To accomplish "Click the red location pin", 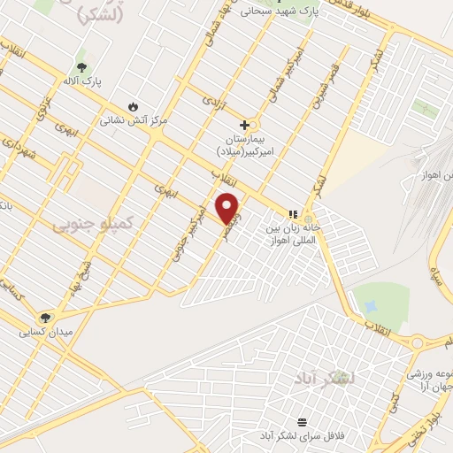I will tap(228, 207).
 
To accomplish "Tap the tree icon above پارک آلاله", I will tap(81, 67).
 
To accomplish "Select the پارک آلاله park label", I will tap(81, 82).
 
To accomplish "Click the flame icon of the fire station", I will tap(134, 104).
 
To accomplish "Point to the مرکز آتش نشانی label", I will tap(133, 118).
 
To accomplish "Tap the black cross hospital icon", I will tap(245, 125).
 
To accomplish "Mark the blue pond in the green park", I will tap(370, 305).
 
